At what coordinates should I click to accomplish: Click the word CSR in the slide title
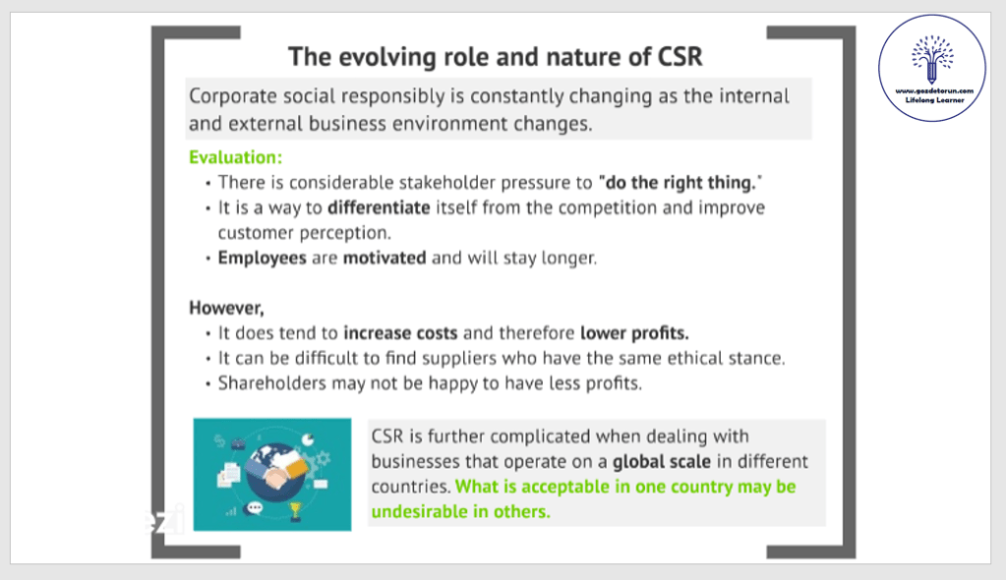click(681, 56)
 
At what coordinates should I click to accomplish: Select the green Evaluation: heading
click(235, 157)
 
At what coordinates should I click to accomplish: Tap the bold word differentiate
click(379, 207)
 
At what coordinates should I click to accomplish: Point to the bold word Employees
click(262, 258)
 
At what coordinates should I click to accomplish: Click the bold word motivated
click(385, 258)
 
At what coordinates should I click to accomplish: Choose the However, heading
click(226, 308)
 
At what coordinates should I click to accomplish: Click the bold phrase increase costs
click(400, 333)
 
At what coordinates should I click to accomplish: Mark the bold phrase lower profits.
click(634, 333)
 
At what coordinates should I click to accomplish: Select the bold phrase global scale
click(662, 461)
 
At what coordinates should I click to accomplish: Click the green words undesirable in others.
click(460, 511)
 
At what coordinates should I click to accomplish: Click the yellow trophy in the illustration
click(295, 511)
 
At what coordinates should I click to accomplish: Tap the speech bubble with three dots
click(255, 508)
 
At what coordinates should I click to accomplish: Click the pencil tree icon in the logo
click(932, 59)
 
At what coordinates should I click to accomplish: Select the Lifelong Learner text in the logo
click(934, 100)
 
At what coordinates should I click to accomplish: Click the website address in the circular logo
click(934, 91)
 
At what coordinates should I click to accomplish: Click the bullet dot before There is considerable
click(207, 184)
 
